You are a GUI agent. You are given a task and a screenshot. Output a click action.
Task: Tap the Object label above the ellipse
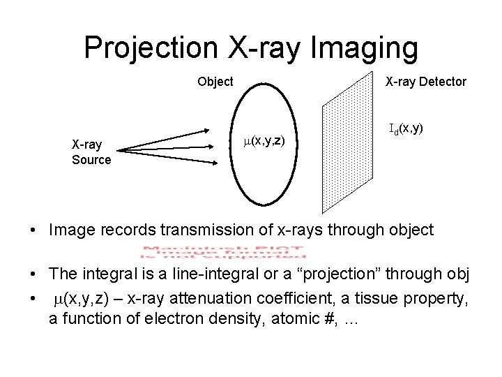[215, 82]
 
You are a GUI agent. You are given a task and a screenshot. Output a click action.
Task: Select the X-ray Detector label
[426, 82]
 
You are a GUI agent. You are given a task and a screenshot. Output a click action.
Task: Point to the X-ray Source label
[91, 152]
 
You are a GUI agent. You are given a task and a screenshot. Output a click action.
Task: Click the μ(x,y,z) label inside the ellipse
[264, 140]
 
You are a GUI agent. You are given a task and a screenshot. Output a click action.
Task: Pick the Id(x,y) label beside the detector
[406, 128]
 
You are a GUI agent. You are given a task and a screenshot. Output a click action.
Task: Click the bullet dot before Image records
[33, 230]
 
